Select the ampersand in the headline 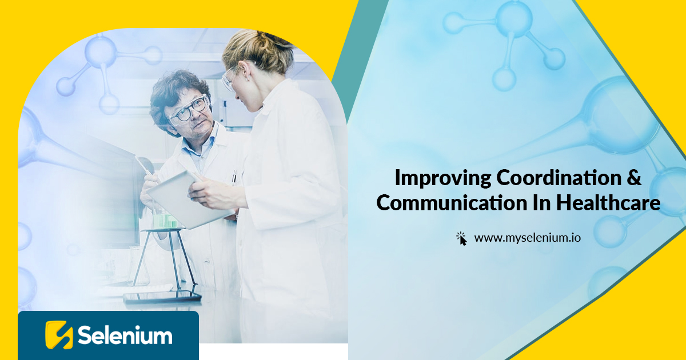(633, 178)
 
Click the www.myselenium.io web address (527, 238)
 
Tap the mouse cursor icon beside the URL (462, 238)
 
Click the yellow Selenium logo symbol (59, 335)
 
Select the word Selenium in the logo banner (125, 335)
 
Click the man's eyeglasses (189, 109)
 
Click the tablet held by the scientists (183, 197)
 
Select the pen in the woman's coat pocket (234, 177)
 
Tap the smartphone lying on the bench (162, 297)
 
